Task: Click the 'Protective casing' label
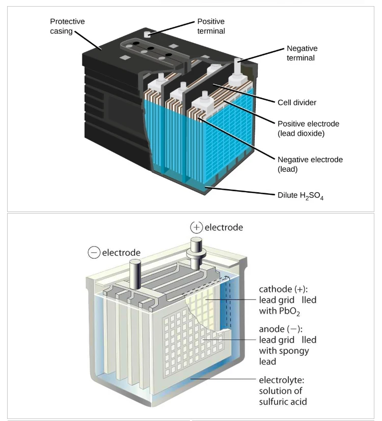point(67,26)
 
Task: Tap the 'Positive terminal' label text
point(210,26)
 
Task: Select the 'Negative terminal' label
point(302,53)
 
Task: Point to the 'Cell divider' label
point(297,103)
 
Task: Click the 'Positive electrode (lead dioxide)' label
point(308,129)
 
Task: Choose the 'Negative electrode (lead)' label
point(310,164)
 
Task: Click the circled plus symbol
point(197,227)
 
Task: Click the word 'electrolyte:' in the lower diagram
point(281,380)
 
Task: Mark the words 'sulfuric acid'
point(283,402)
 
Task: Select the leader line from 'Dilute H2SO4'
point(239,191)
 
